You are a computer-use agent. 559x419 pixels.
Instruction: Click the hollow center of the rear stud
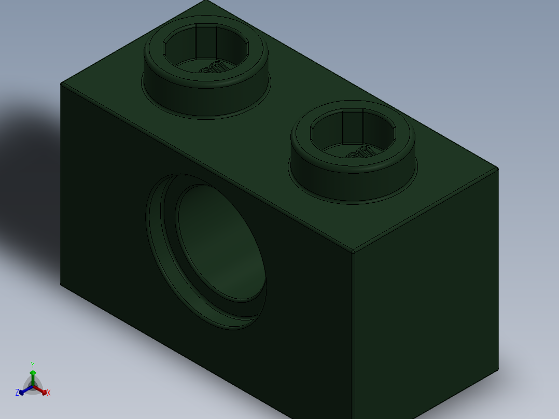206,49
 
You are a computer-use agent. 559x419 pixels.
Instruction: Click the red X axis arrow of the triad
43,391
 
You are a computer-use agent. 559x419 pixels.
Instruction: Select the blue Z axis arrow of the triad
23,392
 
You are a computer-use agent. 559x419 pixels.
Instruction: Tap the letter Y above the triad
32,365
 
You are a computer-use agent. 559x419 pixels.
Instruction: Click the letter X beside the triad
49,393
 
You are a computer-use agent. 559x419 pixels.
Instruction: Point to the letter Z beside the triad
17,393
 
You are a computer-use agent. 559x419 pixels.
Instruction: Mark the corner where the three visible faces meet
353,253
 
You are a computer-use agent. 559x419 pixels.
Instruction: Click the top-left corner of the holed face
61,83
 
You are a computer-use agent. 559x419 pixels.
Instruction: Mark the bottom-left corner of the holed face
61,285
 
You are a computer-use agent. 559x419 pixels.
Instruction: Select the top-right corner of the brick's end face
498,168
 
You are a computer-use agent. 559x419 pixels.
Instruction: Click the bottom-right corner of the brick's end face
498,369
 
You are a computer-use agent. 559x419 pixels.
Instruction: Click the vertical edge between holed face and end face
353,337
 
